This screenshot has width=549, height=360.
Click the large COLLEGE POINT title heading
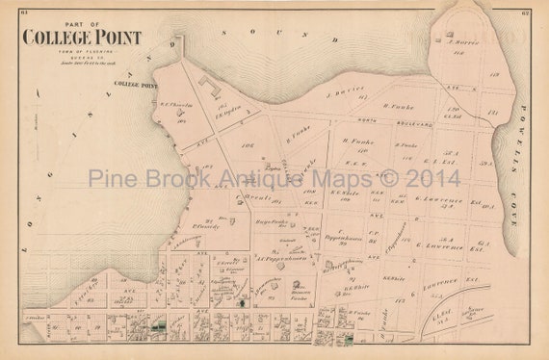pyautogui.click(x=82, y=38)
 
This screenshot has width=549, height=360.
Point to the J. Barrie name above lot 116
pyautogui.click(x=464, y=43)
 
